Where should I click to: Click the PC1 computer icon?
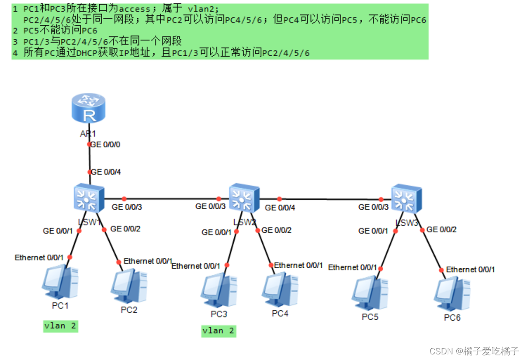(x=60, y=282)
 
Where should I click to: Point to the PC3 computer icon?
(x=218, y=290)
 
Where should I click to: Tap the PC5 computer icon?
(x=370, y=293)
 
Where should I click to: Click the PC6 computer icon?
(x=452, y=294)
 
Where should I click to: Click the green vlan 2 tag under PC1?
(x=60, y=326)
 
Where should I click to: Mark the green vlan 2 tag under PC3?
(x=218, y=331)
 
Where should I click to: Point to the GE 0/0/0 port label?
(x=105, y=145)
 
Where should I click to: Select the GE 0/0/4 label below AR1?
(x=106, y=172)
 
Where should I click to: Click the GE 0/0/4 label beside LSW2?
(x=280, y=207)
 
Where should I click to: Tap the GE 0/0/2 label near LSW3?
(x=442, y=229)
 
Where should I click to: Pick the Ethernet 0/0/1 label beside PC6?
(x=470, y=269)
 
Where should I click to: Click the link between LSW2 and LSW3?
(x=330, y=199)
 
